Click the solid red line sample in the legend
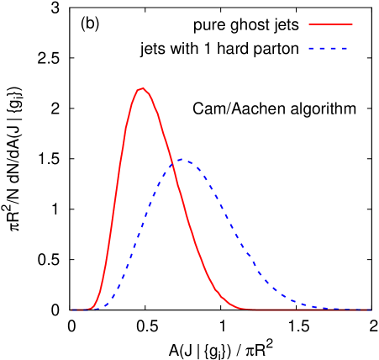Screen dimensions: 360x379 click(330, 24)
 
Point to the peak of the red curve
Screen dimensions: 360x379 click(143, 87)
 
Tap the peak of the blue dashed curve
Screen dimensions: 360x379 click(183, 160)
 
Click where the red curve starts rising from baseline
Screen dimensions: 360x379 click(91, 308)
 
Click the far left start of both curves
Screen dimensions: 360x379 click(71, 310)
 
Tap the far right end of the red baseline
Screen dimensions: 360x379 click(370, 310)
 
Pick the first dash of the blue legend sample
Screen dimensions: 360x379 click(311, 48)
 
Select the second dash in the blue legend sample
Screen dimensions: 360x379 click(322, 48)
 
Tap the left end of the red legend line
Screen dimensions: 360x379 click(309, 24)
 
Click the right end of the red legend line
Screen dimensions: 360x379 click(352, 24)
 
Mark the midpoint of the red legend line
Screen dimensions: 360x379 click(330, 24)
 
